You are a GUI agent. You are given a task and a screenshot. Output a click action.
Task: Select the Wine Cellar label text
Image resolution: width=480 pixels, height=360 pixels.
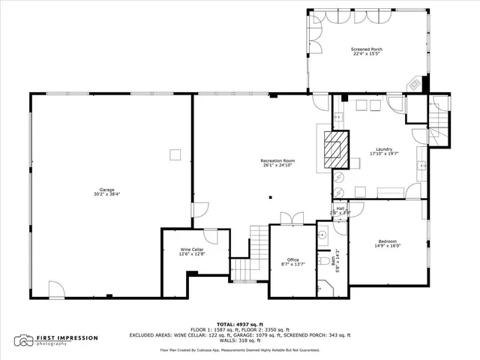click(191, 251)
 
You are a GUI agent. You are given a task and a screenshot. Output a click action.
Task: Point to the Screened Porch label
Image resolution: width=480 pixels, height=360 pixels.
click(367, 50)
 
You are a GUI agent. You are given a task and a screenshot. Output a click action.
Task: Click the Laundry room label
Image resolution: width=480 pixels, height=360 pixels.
click(381, 150)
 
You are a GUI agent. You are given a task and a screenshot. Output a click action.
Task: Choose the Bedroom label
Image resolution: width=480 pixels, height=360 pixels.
click(388, 241)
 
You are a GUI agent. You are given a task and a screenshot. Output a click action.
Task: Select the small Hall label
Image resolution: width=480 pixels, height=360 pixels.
click(340, 208)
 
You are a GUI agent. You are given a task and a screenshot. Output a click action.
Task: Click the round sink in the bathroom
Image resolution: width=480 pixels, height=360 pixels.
click(324, 235)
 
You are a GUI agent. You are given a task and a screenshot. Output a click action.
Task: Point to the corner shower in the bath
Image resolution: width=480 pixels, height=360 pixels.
click(323, 286)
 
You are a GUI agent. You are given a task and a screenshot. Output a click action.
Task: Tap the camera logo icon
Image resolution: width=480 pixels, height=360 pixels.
click(25, 340)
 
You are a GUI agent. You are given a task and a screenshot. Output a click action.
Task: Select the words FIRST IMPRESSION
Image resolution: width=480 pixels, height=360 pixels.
click(67, 337)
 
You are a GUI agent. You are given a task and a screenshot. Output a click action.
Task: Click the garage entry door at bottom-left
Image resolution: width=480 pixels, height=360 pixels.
click(57, 289)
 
